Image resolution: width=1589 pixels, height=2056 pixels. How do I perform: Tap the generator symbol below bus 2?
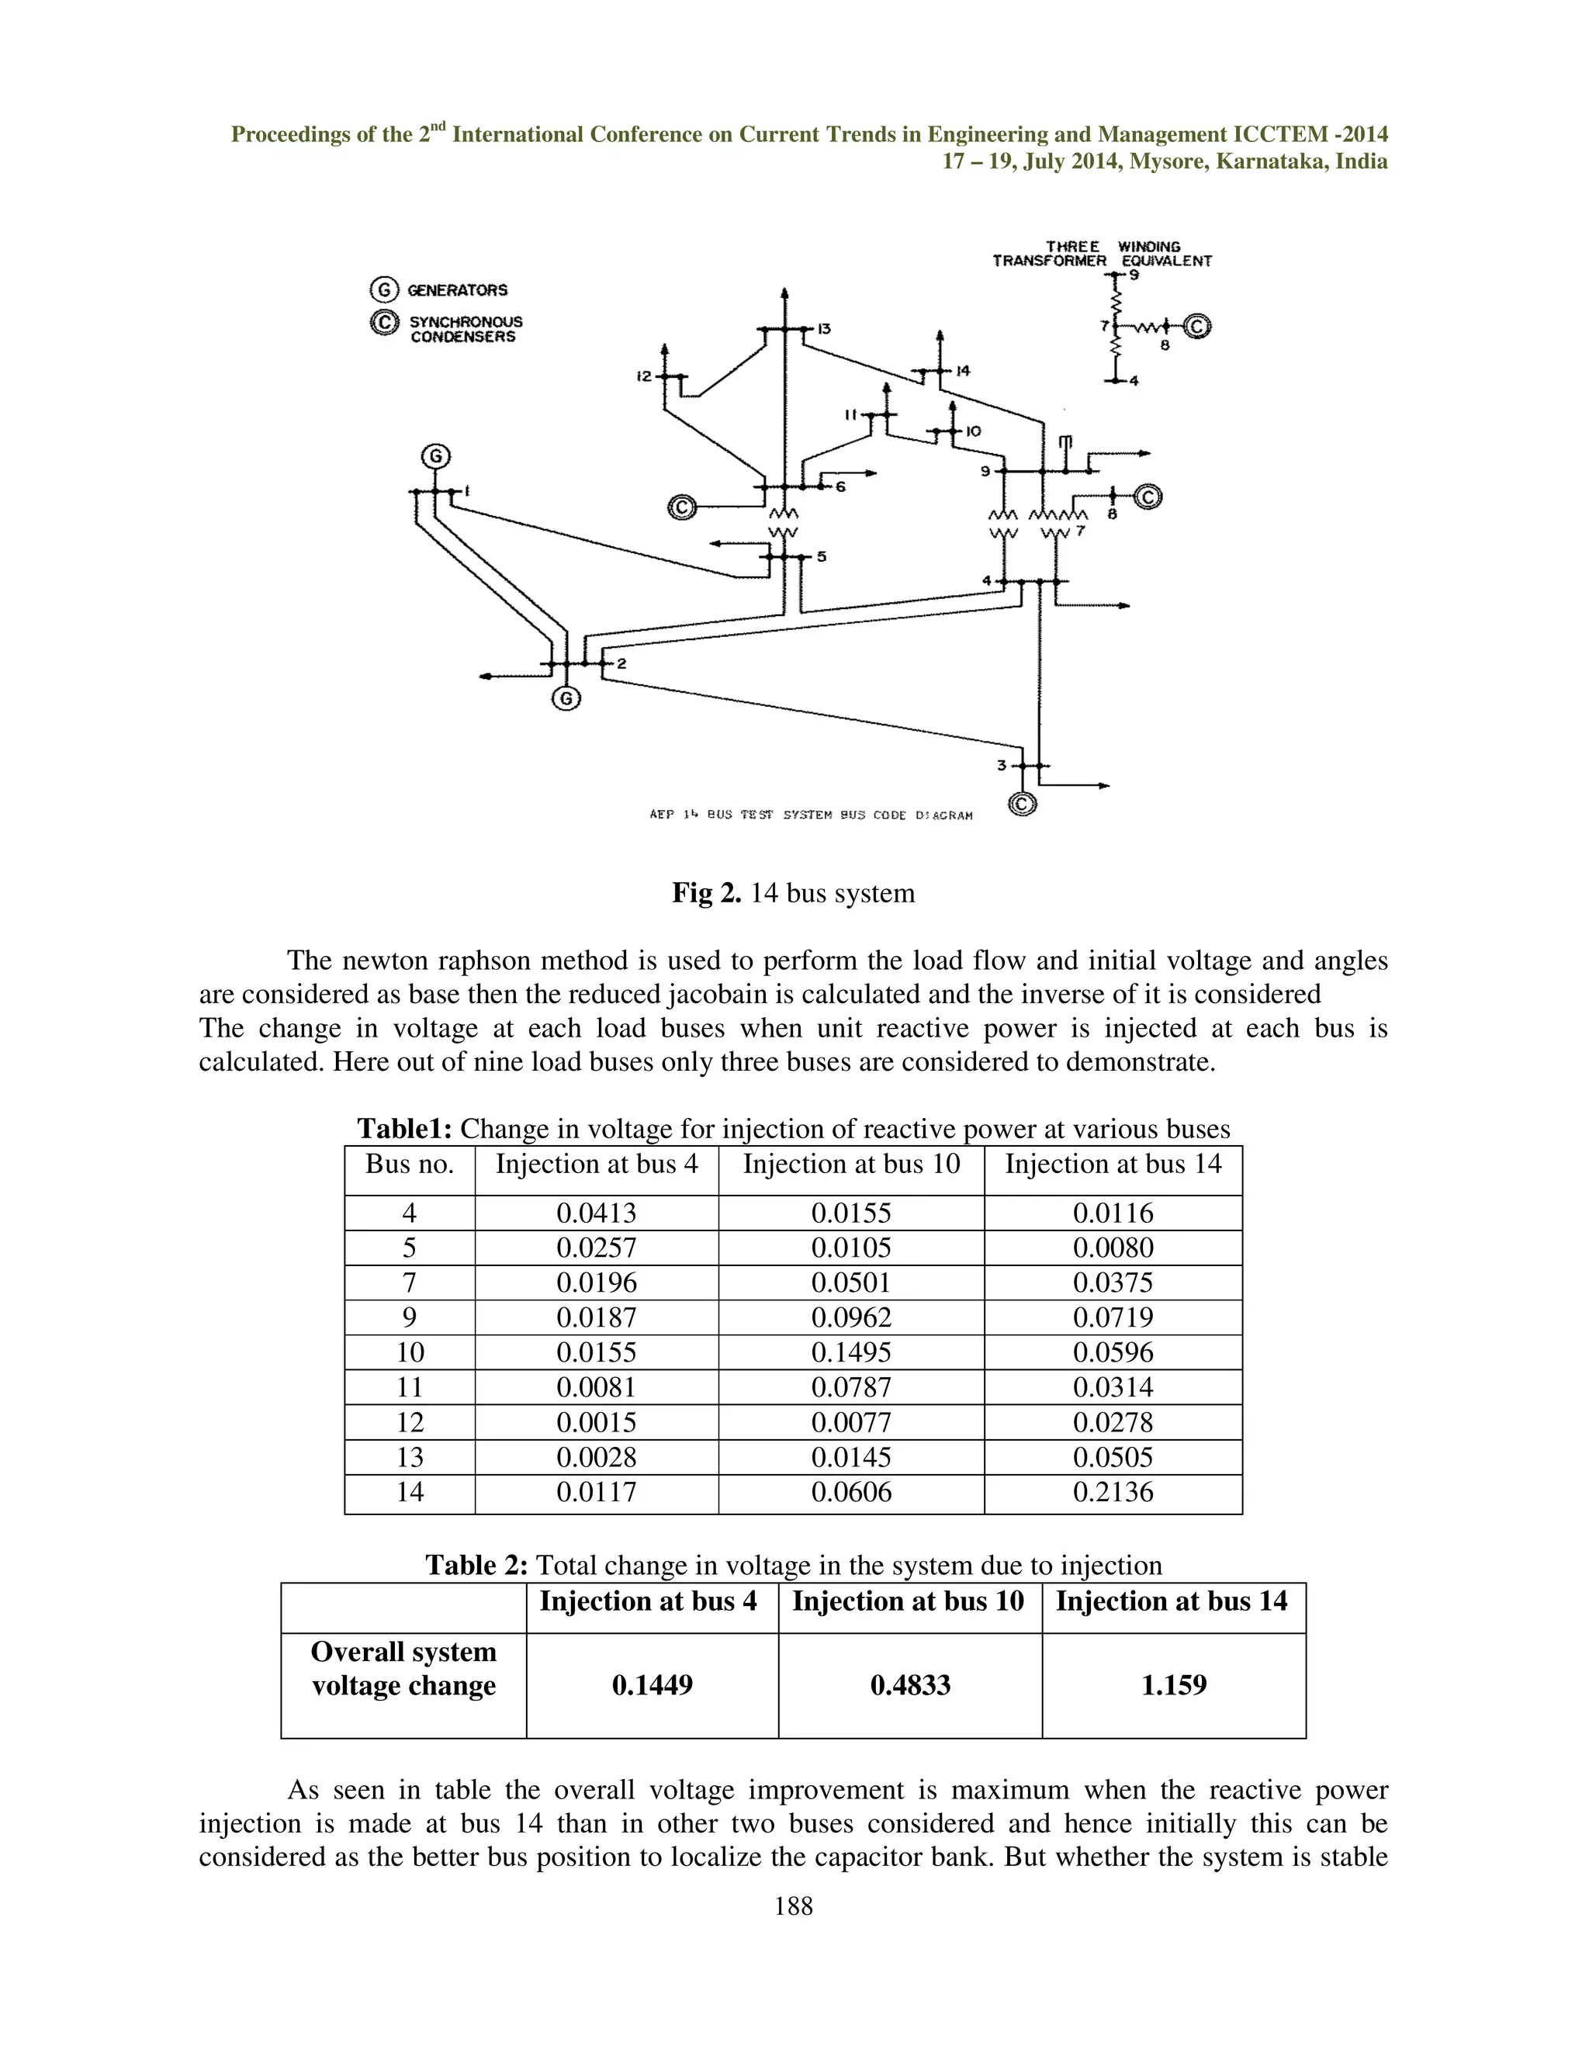click(x=566, y=698)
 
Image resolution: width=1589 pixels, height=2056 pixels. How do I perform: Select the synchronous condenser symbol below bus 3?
click(x=1023, y=804)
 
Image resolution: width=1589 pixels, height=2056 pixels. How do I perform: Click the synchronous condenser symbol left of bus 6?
click(x=681, y=508)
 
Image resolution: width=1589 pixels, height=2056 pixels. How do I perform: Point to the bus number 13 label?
click(x=824, y=328)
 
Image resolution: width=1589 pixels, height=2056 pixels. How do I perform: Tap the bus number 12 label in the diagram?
click(x=644, y=376)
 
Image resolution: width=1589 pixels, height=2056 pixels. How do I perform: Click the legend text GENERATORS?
click(x=458, y=290)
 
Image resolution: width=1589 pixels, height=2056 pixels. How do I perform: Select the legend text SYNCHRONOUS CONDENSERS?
click(x=465, y=330)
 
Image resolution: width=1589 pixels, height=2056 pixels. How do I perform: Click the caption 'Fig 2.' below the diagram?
click(x=706, y=892)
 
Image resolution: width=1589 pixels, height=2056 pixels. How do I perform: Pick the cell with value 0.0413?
click(x=596, y=1213)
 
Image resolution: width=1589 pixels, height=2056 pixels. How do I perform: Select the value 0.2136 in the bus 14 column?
click(x=1113, y=1491)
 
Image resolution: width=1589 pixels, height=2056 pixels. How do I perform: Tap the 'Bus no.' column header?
click(x=410, y=1165)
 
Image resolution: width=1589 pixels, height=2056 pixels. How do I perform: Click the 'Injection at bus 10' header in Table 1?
click(x=851, y=1165)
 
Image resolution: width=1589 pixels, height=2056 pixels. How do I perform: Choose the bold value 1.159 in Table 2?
click(x=1173, y=1685)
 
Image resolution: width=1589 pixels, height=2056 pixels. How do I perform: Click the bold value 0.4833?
click(x=910, y=1685)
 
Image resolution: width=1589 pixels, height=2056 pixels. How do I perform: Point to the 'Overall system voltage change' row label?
click(x=403, y=1668)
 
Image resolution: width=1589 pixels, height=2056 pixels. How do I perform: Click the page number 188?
click(x=794, y=1906)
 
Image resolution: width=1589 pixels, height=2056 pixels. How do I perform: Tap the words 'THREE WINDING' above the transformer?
click(x=1113, y=247)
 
